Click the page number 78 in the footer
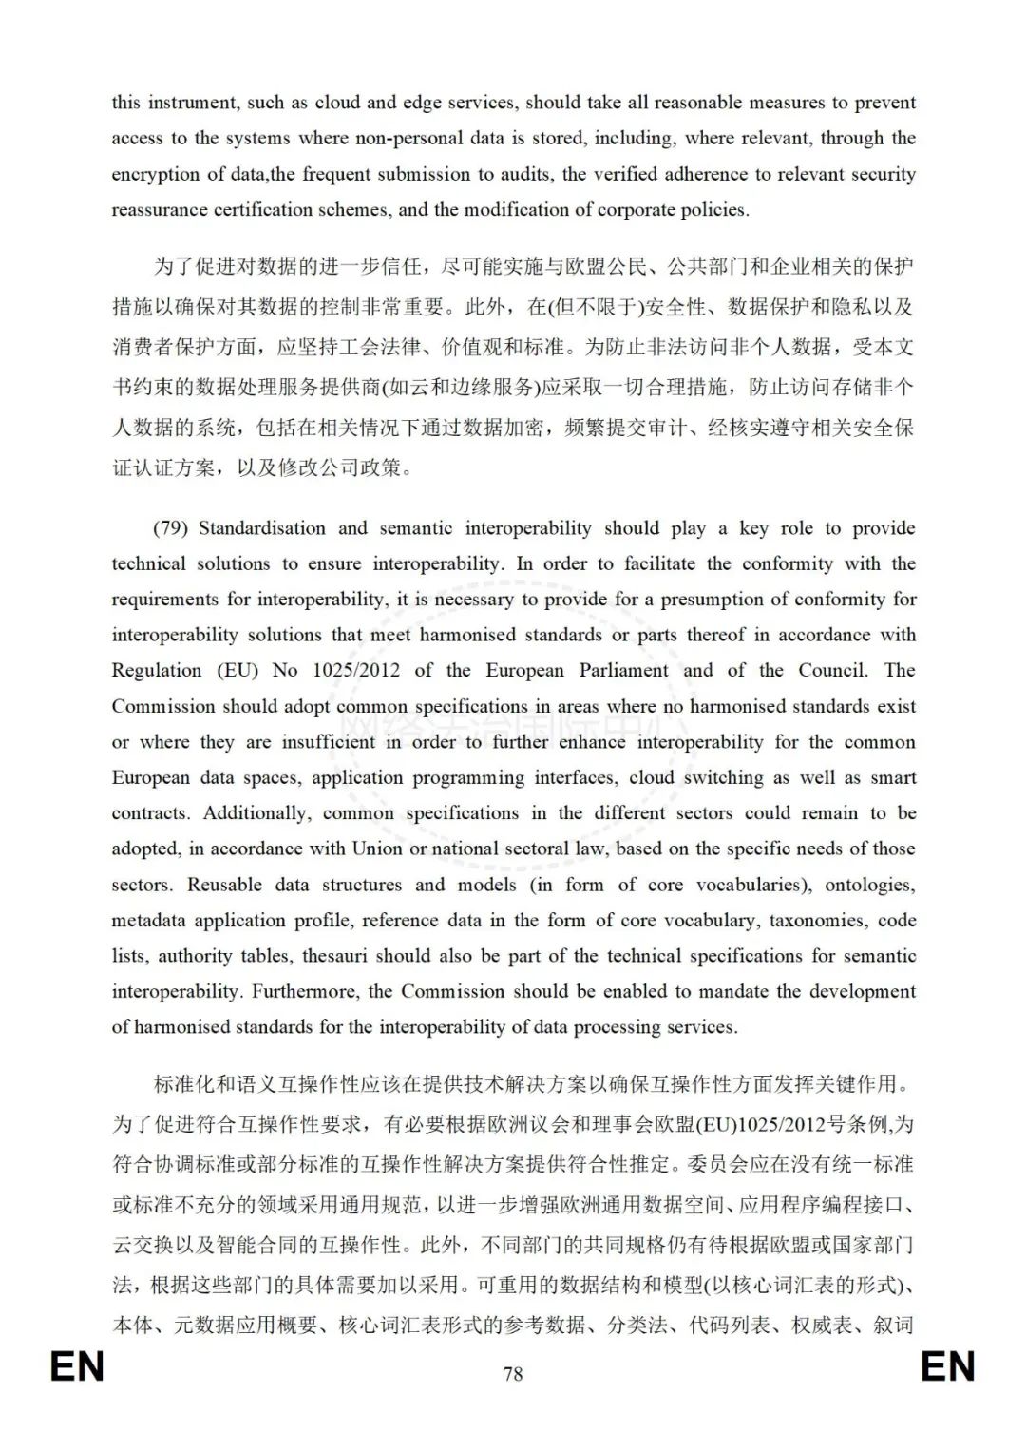(x=513, y=1374)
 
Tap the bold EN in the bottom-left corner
(x=77, y=1367)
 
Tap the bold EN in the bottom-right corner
(x=948, y=1367)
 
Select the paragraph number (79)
(x=171, y=528)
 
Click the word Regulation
(x=157, y=671)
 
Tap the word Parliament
(x=624, y=671)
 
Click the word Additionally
(x=256, y=813)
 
